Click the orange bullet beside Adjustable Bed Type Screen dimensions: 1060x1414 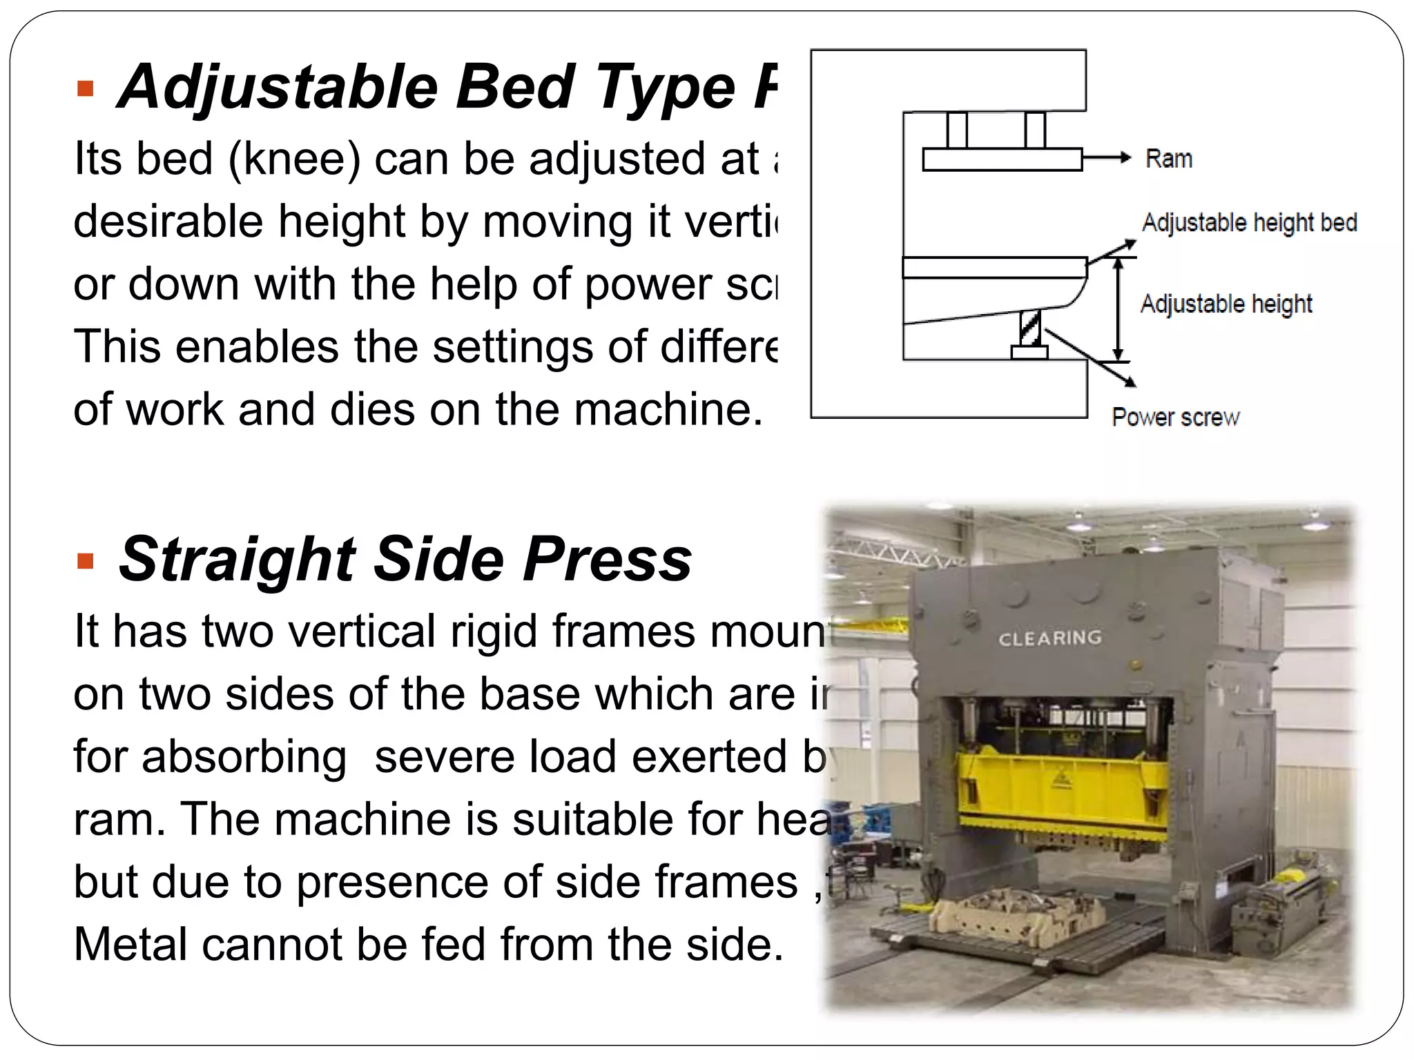pos(86,89)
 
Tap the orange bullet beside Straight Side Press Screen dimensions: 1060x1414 pos(86,561)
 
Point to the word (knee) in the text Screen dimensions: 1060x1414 pos(294,159)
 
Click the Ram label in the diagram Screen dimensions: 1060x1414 pos(1168,159)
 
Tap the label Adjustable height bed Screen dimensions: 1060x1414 pos(1249,222)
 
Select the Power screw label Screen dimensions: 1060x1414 pos(1175,417)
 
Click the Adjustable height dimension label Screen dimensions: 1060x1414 pos(1226,304)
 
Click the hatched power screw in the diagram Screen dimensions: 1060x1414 pos(1030,328)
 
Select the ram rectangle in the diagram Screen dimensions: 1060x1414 pos(1001,159)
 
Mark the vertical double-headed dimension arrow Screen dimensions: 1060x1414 pos(1118,309)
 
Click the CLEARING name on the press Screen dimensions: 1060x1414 pos(1049,638)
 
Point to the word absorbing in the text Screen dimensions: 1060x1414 pos(244,757)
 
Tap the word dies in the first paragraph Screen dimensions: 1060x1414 pos(373,410)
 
